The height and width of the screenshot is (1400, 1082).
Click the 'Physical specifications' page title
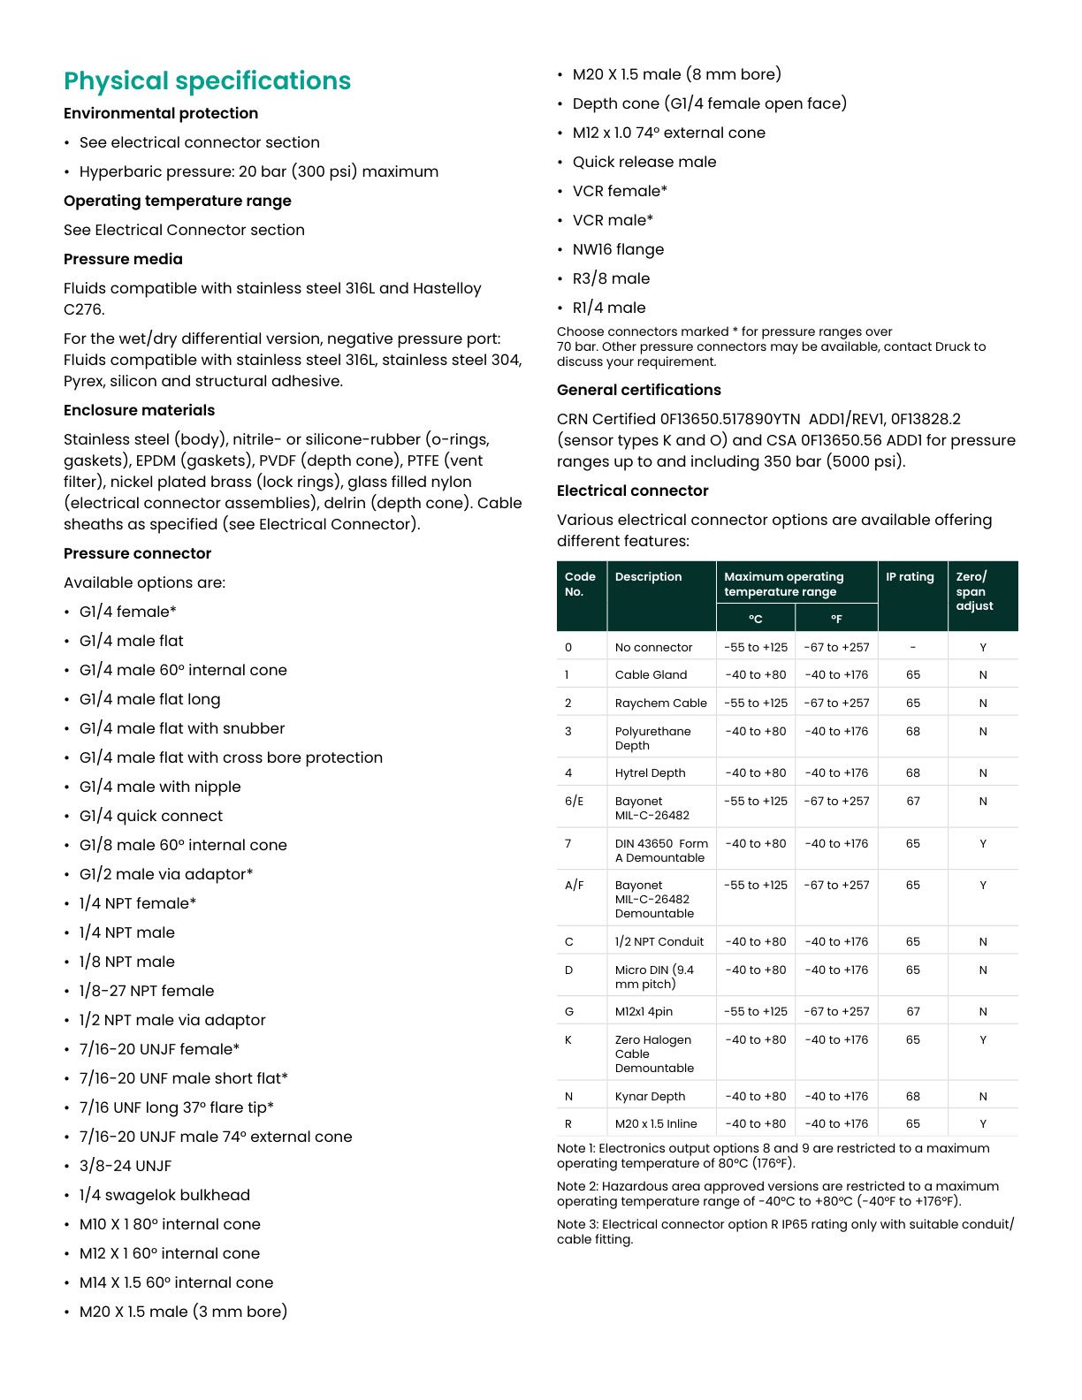(x=207, y=81)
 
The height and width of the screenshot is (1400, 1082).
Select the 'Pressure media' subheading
(x=123, y=259)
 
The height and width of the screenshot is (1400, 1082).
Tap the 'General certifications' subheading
(x=638, y=390)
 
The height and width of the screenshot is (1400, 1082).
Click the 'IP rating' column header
(x=910, y=577)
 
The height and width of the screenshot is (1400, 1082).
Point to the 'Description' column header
(x=648, y=577)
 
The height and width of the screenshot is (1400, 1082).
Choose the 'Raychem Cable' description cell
(x=660, y=704)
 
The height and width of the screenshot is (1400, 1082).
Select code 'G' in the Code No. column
(x=568, y=1012)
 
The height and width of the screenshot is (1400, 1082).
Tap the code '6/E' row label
(x=574, y=802)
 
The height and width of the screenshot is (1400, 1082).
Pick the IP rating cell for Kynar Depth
(x=912, y=1097)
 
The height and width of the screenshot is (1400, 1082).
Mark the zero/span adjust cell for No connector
(x=982, y=648)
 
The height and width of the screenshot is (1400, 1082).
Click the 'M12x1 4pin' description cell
(x=644, y=1012)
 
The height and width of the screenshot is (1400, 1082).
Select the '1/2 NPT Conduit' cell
(x=659, y=942)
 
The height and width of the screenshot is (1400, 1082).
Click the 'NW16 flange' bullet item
(x=618, y=249)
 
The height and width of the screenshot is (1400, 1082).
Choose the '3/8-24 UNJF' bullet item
(x=126, y=1166)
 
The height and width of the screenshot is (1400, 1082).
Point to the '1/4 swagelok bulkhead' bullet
(x=164, y=1195)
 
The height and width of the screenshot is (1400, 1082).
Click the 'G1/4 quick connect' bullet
(x=150, y=816)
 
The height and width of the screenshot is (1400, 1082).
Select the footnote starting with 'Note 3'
(x=785, y=1231)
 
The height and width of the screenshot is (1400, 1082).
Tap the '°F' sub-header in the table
(x=836, y=619)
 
